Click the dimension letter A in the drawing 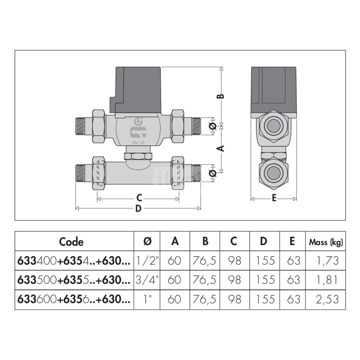221,148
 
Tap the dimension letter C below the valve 139,198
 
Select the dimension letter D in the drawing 138,208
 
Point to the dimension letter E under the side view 274,198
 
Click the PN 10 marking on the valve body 138,143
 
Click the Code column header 71,242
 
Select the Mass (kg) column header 326,242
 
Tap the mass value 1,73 327,261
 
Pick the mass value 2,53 327,299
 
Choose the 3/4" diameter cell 147,280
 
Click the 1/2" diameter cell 147,261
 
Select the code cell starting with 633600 74,299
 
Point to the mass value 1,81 327,280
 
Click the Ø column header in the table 147,242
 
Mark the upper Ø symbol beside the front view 213,126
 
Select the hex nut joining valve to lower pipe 138,156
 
